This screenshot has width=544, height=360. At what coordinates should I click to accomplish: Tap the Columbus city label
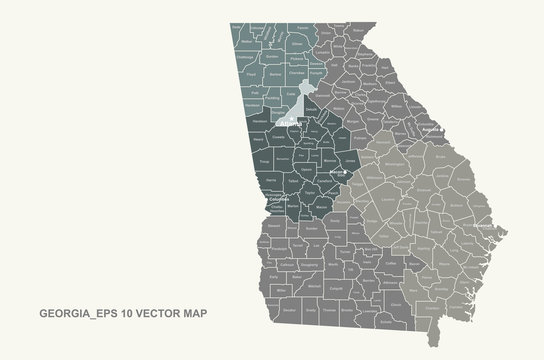[x=279, y=198]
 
